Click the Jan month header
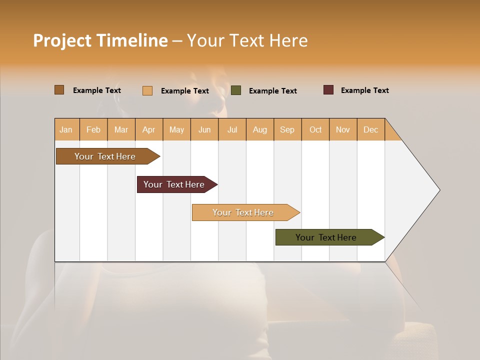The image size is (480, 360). pyautogui.click(x=66, y=129)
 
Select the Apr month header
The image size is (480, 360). pyautogui.click(x=148, y=129)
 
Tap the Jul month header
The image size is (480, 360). pyautogui.click(x=232, y=129)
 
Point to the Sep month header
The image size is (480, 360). pyautogui.click(x=287, y=129)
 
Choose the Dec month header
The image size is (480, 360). pyautogui.click(x=370, y=129)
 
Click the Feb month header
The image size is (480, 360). pyautogui.click(x=93, y=129)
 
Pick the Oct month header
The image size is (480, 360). pyautogui.click(x=315, y=129)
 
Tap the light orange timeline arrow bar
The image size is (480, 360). pyautogui.click(x=243, y=212)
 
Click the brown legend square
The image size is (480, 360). pyautogui.click(x=59, y=90)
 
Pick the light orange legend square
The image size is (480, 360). pyautogui.click(x=147, y=90)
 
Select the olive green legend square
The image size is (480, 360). pyautogui.click(x=236, y=90)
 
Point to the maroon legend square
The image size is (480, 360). pyautogui.click(x=328, y=90)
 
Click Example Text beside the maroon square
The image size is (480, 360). pyautogui.click(x=364, y=90)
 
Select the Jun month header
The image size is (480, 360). pyautogui.click(x=204, y=129)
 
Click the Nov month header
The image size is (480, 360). pyautogui.click(x=343, y=129)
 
